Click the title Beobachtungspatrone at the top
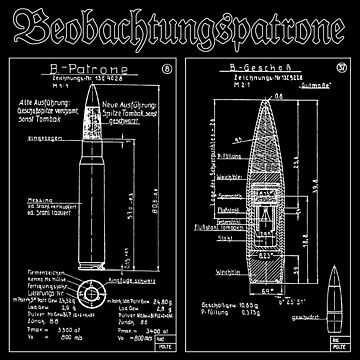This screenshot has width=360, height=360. [x=180, y=27]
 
